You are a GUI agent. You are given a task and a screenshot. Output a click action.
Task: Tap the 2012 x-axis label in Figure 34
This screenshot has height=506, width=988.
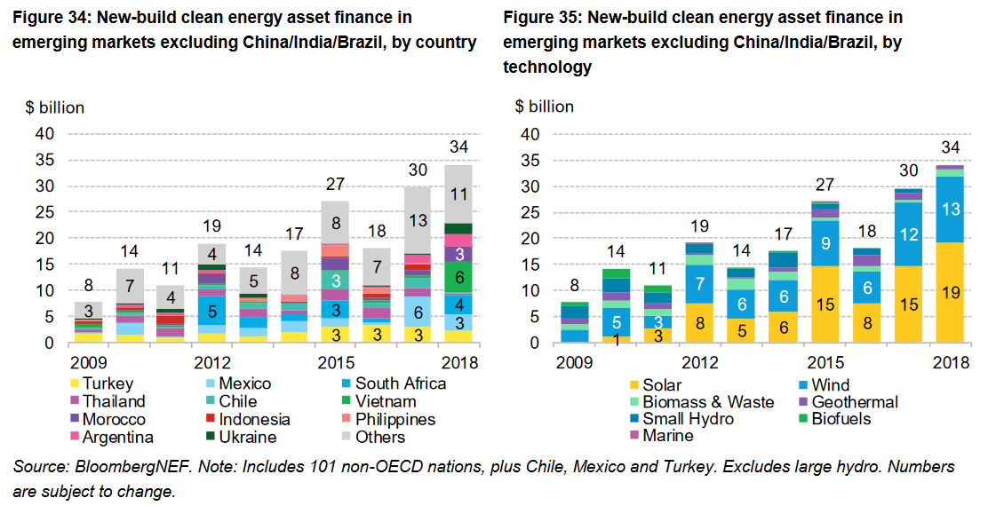click(x=212, y=363)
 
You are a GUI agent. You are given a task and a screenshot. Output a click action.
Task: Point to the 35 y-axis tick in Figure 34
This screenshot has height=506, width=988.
click(x=44, y=161)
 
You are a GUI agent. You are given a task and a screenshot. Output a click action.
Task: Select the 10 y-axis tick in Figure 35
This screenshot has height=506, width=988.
click(x=531, y=291)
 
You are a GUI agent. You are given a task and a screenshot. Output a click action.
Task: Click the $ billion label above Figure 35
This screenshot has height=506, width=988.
click(x=545, y=107)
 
